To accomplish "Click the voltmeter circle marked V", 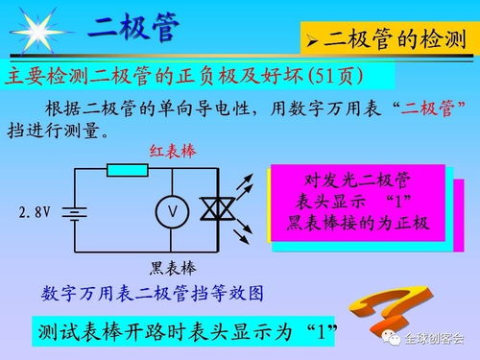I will pos(172,210).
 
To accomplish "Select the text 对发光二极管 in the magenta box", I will pos(357,180).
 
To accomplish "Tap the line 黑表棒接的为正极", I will pos(357,223).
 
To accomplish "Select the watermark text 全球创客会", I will pos(433,338).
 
